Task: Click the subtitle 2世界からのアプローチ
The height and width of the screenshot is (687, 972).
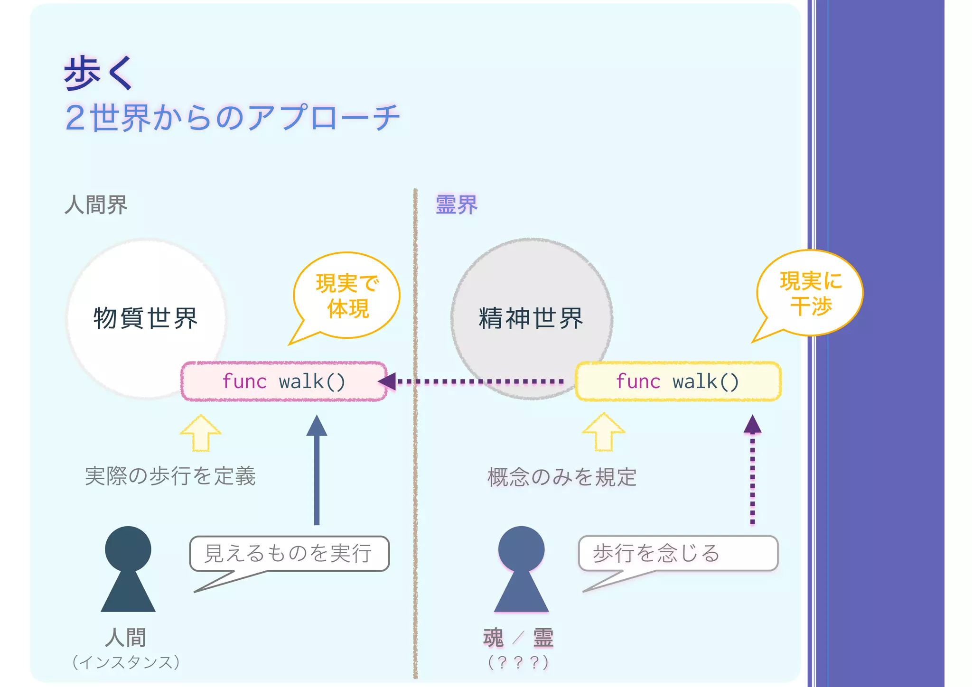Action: coord(233,117)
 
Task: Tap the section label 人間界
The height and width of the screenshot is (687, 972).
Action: coord(96,205)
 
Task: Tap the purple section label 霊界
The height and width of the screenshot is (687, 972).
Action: coord(456,205)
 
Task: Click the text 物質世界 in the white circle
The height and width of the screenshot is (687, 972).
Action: coord(145,318)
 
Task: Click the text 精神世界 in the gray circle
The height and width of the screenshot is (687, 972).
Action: coord(531,318)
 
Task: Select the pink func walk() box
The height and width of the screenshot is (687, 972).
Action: coord(284,381)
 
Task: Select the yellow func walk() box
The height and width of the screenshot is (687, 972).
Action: coord(678,381)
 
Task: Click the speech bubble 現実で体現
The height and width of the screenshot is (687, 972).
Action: coord(347,296)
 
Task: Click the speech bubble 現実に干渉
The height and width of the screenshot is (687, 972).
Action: coord(810,293)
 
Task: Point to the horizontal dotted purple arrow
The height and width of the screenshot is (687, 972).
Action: coord(479,381)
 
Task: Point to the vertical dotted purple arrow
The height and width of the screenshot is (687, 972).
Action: coord(752,474)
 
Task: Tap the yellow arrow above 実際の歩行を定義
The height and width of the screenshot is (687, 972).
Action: coord(201,433)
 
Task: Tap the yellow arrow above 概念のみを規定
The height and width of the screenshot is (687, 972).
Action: coord(604,432)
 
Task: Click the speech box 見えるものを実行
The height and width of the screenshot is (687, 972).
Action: coord(289,553)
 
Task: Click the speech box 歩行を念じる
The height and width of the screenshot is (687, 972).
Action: coord(678,553)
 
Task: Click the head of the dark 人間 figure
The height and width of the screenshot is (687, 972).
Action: coord(128,548)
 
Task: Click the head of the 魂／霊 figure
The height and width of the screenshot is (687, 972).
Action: coord(521,548)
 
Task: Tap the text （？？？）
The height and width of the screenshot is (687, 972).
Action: coord(518,662)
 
